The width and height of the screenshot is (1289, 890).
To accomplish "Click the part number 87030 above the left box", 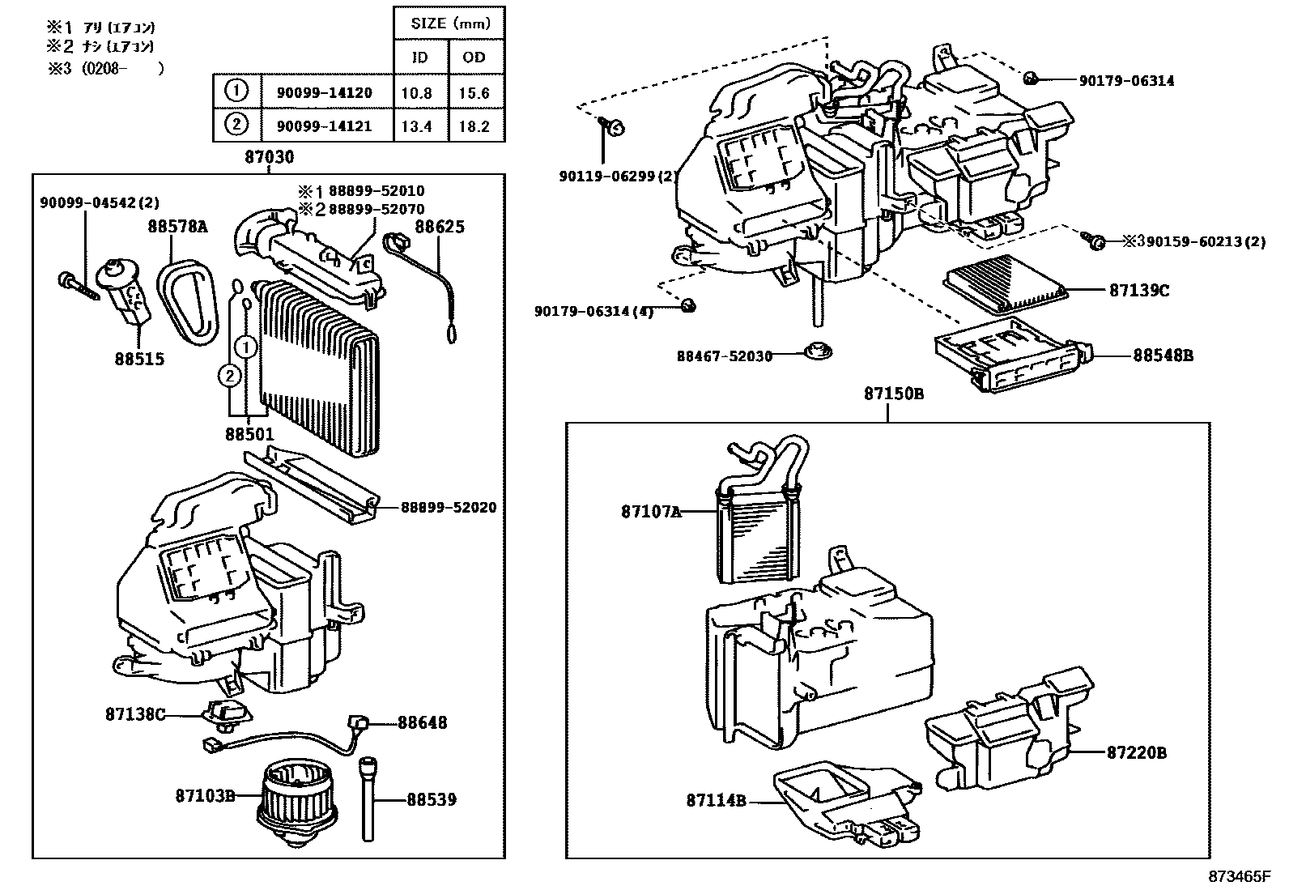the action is pyautogui.click(x=270, y=156).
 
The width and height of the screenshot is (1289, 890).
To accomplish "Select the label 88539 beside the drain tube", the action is pyautogui.click(x=432, y=799).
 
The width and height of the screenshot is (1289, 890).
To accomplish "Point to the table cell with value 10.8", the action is pyautogui.click(x=416, y=92).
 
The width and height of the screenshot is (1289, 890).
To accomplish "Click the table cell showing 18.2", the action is pyautogui.click(x=474, y=126).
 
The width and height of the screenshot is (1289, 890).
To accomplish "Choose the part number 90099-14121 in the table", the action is pyautogui.click(x=325, y=126).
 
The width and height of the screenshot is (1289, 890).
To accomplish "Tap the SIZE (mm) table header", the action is pyautogui.click(x=450, y=23).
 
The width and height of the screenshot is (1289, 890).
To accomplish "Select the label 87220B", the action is pyautogui.click(x=1137, y=752).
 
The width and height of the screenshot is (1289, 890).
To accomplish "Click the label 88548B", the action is pyautogui.click(x=1163, y=356).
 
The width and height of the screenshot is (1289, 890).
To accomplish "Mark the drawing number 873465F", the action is pyautogui.click(x=1239, y=876).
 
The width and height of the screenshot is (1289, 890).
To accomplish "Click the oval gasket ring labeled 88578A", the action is pyautogui.click(x=188, y=301).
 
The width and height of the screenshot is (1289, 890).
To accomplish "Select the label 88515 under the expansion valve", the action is pyautogui.click(x=139, y=359).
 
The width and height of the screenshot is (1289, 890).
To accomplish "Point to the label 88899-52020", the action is pyautogui.click(x=449, y=507).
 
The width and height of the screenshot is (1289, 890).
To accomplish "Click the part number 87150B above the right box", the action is pyautogui.click(x=894, y=394).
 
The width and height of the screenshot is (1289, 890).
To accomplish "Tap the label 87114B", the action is pyautogui.click(x=716, y=800).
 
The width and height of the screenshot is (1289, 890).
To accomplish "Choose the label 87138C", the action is pyautogui.click(x=135, y=713).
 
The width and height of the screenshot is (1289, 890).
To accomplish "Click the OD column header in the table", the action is pyautogui.click(x=474, y=57).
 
